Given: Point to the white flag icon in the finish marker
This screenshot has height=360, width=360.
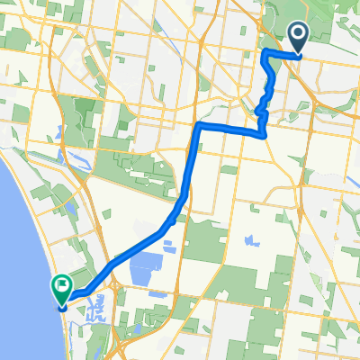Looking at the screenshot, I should click(63, 288).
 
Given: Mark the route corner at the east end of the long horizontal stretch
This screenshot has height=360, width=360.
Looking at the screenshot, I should click(265, 135).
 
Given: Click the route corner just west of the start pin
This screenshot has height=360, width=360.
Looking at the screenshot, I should click(265, 54).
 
